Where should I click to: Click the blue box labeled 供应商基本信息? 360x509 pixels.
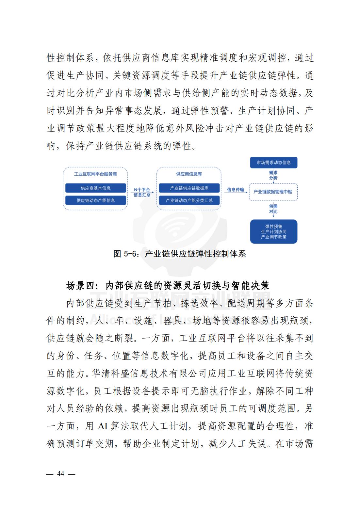95,188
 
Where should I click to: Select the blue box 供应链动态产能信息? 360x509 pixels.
95,200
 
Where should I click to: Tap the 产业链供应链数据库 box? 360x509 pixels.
189,188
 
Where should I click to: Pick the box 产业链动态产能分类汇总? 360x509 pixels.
189,200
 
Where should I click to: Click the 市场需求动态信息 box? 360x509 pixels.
273,162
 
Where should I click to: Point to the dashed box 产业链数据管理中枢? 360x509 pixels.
273,192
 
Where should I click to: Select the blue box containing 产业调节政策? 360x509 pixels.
273,231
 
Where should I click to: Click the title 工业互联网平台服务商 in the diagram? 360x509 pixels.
95,174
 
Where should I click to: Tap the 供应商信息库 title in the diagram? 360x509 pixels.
189,174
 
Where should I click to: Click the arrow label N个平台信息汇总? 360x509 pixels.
142,192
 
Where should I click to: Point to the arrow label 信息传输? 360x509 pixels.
235,190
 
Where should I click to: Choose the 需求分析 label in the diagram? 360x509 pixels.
273,175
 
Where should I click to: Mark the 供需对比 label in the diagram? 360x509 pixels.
273,209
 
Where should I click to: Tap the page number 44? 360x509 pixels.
61,474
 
